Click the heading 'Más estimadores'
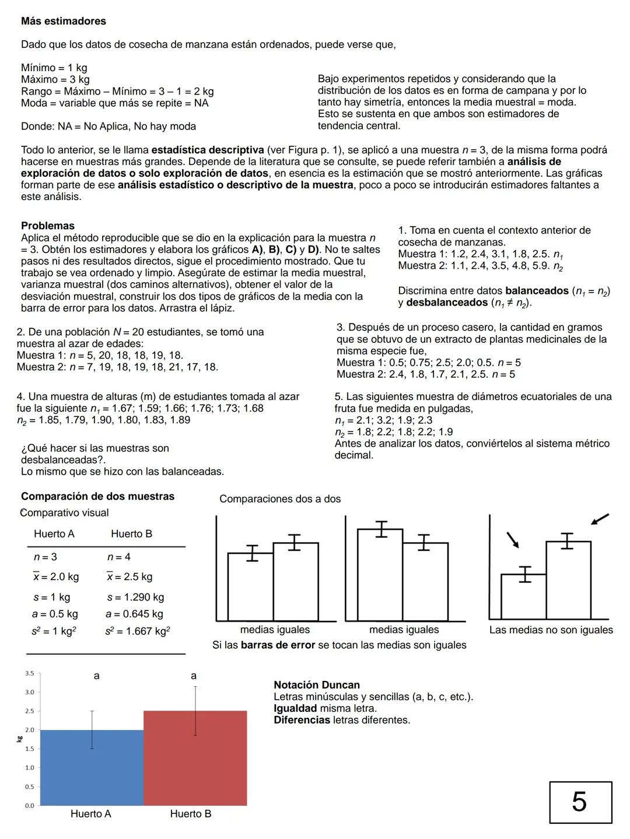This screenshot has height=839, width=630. [x=64, y=21]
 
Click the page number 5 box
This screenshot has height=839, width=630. [x=580, y=802]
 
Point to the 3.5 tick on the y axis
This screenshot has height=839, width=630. [x=29, y=673]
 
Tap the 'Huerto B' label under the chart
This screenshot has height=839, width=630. [x=191, y=814]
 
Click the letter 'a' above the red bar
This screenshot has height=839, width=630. [x=194, y=676]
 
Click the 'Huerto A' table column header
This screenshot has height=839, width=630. [x=54, y=534]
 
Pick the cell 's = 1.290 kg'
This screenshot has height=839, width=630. [x=135, y=597]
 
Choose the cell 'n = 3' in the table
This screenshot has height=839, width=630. [x=45, y=557]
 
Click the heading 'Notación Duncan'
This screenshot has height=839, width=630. [x=317, y=685]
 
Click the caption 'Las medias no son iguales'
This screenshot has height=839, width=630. [x=551, y=630]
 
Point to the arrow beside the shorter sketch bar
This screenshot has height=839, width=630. [x=513, y=540]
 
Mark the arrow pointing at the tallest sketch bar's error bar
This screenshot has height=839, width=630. [x=600, y=519]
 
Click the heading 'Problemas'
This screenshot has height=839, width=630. [x=48, y=226]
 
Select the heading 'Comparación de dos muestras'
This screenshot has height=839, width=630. [x=97, y=496]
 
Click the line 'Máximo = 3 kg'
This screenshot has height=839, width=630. [x=55, y=79]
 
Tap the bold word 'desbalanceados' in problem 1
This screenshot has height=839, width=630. [x=447, y=303]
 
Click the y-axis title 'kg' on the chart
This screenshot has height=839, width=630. [x=19, y=739]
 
